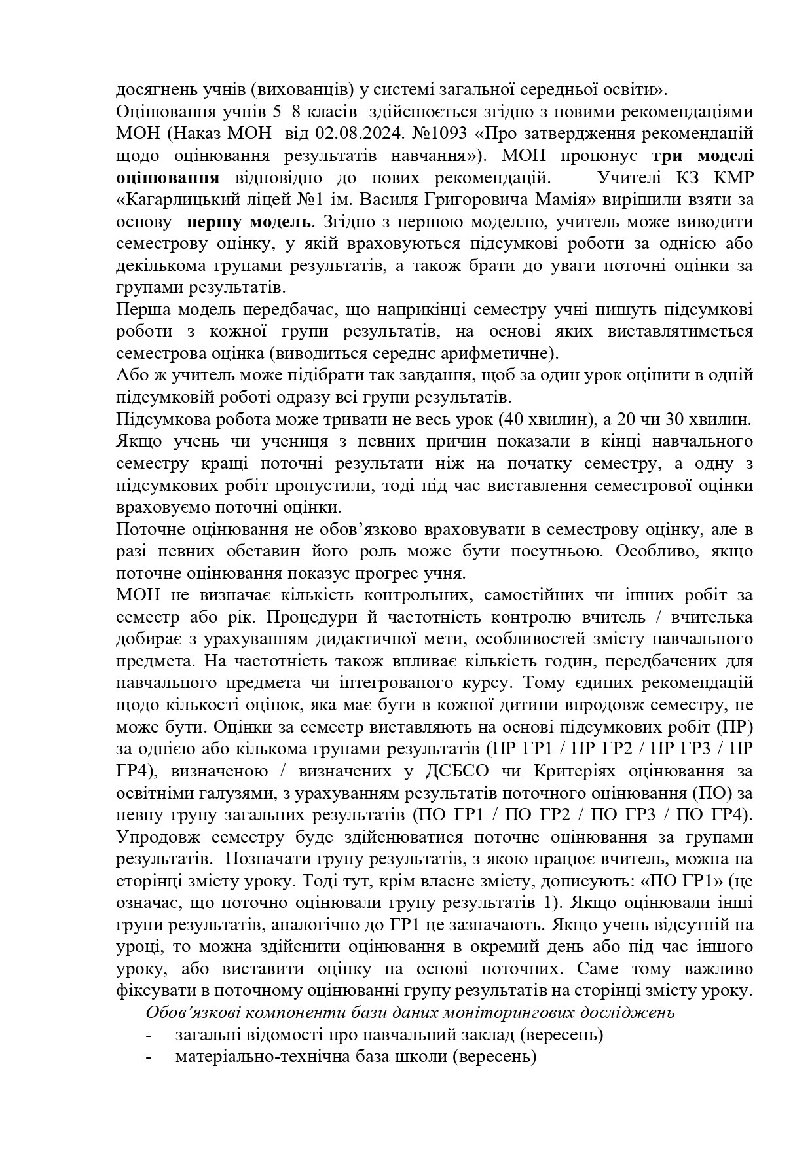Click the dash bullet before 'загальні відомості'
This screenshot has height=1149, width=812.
(151, 1036)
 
